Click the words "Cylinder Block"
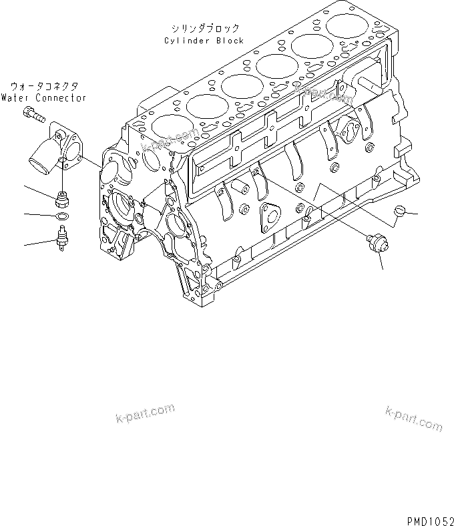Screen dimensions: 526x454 point(204,41)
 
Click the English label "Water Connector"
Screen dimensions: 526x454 point(43,97)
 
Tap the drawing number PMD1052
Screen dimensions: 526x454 point(427,517)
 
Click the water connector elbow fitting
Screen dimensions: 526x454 point(56,153)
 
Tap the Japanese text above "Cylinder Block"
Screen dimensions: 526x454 point(204,29)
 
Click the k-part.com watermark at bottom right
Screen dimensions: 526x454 point(413,418)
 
